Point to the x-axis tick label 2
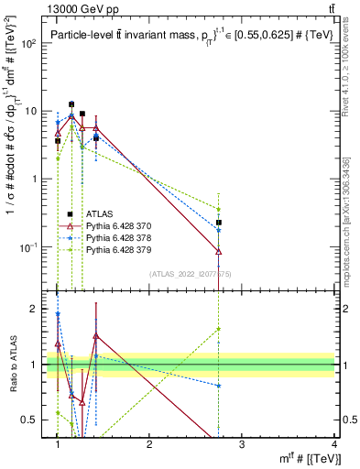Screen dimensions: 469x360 click(x=149, y=443)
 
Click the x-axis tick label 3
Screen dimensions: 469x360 click(x=242, y=443)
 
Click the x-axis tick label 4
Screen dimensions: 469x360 click(x=333, y=443)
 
